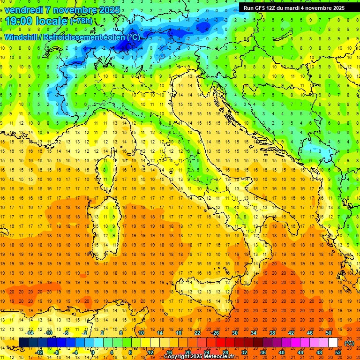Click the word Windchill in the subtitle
pos(22,37)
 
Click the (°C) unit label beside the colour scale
pos(349,343)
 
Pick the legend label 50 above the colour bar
pos(329,333)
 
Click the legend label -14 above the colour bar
pos(30,333)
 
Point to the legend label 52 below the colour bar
pos(338,352)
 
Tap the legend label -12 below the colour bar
pos(39,352)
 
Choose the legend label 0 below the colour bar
pos(93,352)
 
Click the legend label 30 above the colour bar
pos(235,333)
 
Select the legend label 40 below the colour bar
pos(282,352)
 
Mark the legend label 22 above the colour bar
pos(197,333)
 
